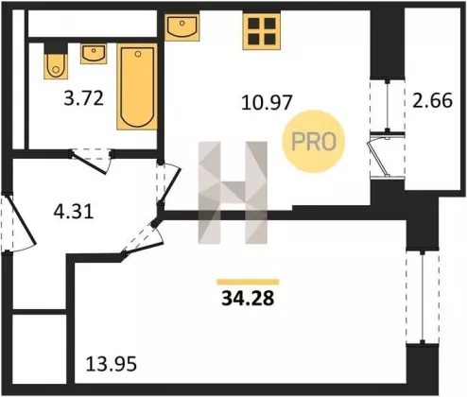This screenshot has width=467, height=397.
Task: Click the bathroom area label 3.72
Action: [x=83, y=98]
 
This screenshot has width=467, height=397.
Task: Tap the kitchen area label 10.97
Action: [x=267, y=102]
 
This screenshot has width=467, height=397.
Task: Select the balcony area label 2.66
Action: [x=433, y=100]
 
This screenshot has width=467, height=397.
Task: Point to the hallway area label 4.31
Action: [x=74, y=211]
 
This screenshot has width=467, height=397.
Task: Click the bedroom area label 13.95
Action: [x=112, y=364]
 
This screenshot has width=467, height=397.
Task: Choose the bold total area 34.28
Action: [x=248, y=298]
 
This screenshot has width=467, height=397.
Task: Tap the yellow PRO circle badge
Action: [x=314, y=141]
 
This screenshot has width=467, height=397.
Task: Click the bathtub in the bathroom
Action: [x=137, y=87]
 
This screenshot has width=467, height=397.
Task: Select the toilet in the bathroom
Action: [x=56, y=61]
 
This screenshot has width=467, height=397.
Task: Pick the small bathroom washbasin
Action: [x=94, y=54]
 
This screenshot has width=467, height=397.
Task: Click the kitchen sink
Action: [x=182, y=26]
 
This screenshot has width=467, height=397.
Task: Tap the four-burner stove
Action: [x=262, y=31]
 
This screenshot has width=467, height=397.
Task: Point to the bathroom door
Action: [x=91, y=162]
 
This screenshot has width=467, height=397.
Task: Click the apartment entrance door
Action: [x=19, y=222]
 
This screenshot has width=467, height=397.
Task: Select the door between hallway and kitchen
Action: [x=168, y=182]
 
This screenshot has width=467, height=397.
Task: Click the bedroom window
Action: [x=423, y=297]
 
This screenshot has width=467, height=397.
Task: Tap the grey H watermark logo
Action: [x=233, y=193]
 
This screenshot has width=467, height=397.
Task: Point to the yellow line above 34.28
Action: [x=248, y=282]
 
